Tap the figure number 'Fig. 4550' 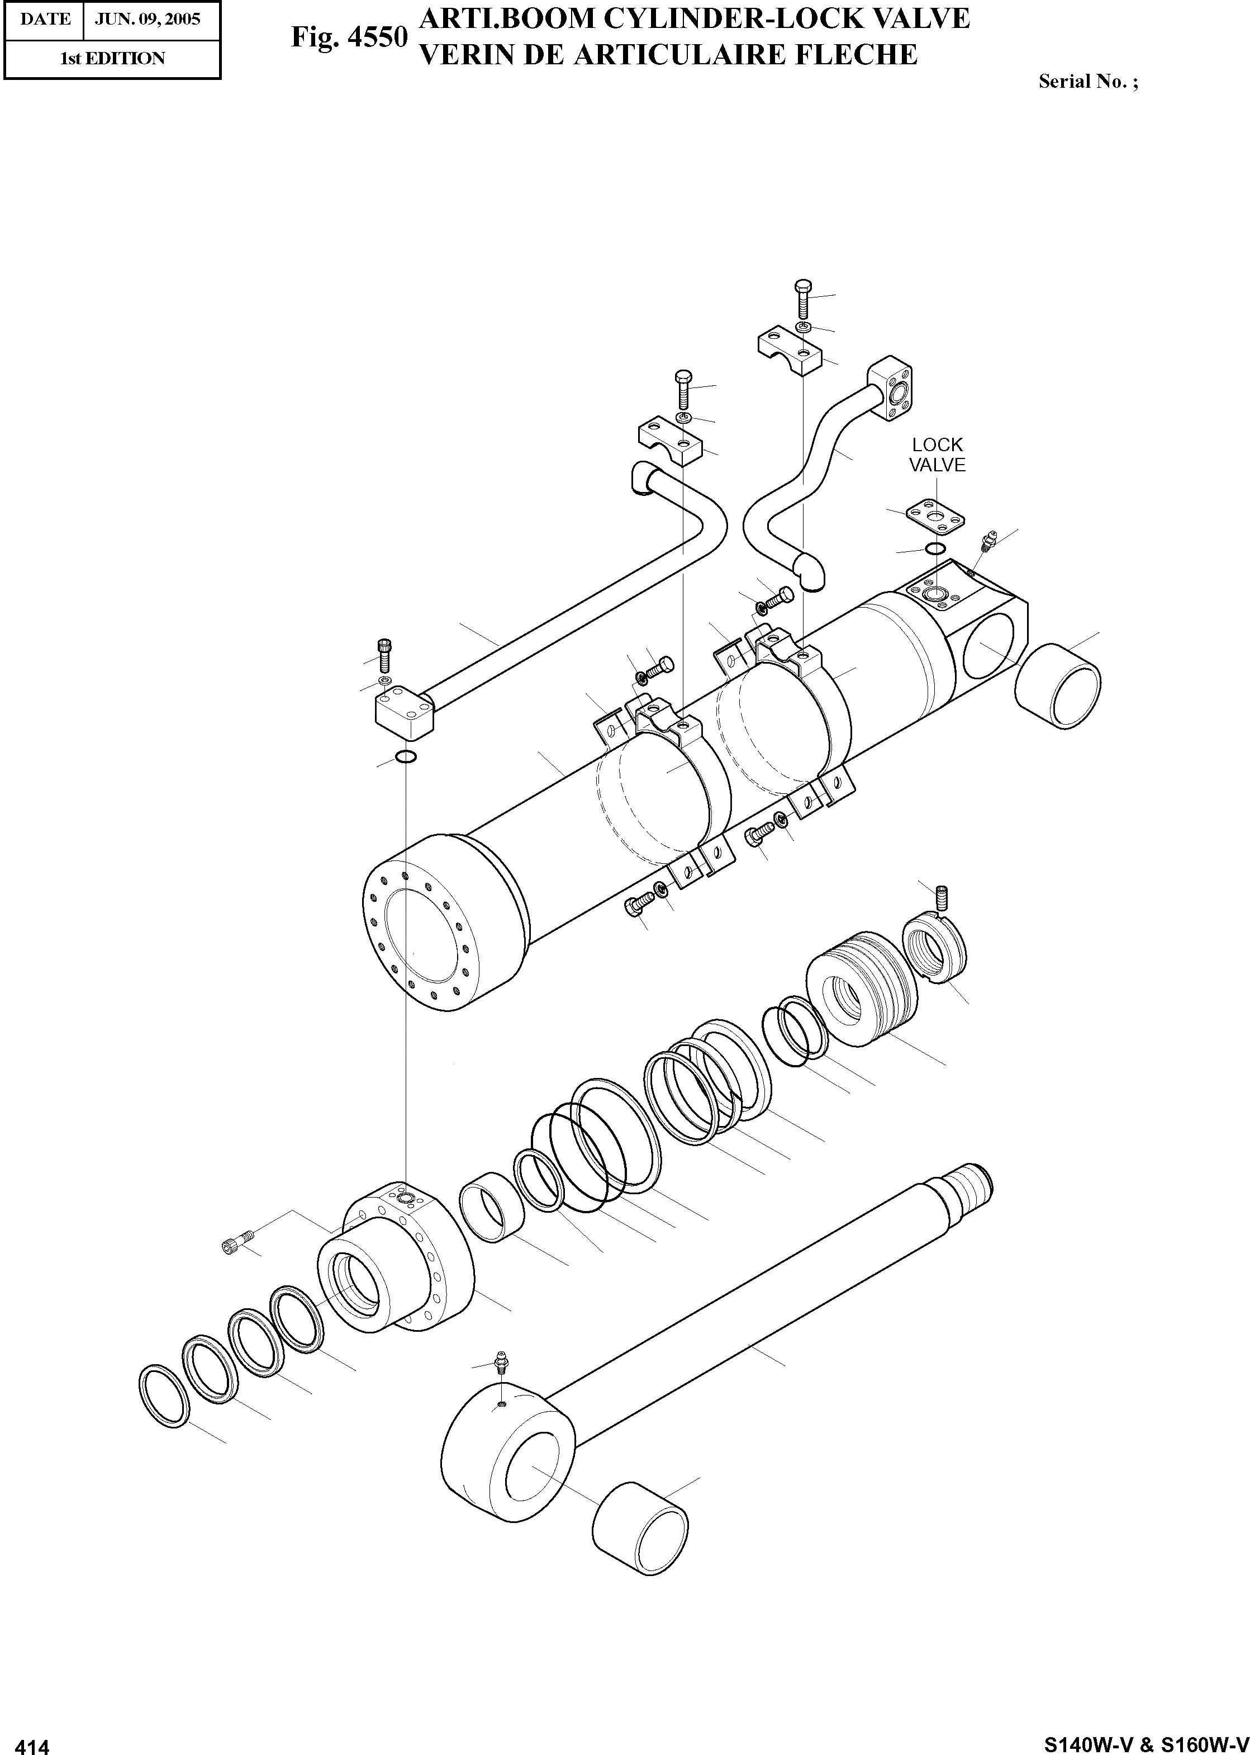click(x=349, y=36)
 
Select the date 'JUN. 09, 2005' click(x=147, y=18)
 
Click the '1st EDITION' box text click(x=112, y=59)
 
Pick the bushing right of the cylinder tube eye click(x=1058, y=685)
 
